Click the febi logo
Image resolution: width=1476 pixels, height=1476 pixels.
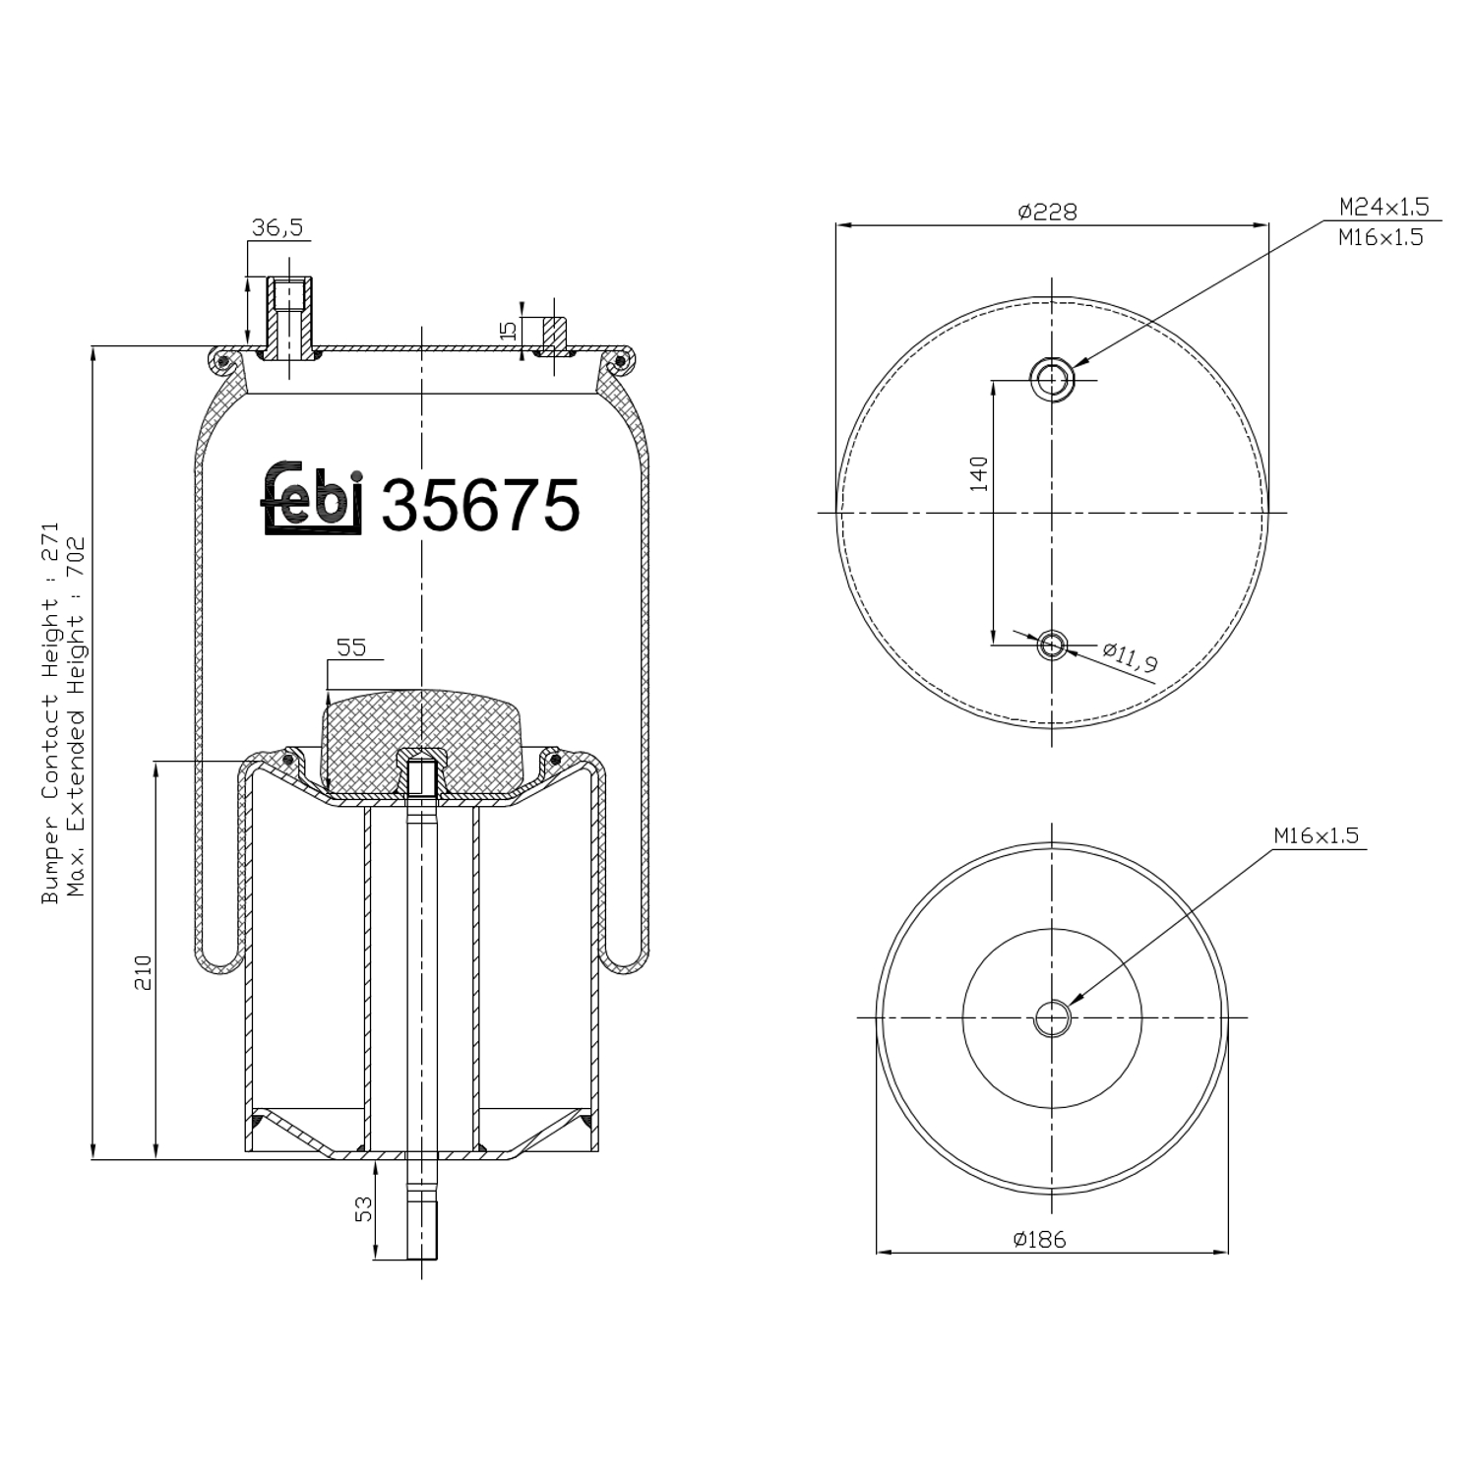[x=313, y=499]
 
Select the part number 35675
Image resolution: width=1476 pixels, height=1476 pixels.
[x=480, y=506]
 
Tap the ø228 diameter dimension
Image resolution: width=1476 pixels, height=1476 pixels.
[x=1048, y=212]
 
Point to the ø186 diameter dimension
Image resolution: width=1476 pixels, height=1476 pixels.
[x=1039, y=1239]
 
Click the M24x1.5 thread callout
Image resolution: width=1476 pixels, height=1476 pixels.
[x=1384, y=208]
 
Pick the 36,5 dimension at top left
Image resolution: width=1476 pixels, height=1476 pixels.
[x=277, y=228]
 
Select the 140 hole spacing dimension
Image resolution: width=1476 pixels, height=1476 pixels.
[x=979, y=473]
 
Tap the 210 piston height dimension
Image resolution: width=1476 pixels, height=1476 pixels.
[x=144, y=972]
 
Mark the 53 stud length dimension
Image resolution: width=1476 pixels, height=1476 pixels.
[x=365, y=1208]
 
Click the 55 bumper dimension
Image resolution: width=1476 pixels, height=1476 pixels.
[x=351, y=647]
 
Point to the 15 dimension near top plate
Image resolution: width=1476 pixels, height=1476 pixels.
[x=509, y=330]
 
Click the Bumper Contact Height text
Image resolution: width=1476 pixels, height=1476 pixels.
[x=50, y=713]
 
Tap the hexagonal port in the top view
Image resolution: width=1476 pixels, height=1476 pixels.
[x=1052, y=378]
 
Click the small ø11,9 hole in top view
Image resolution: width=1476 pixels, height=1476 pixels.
[x=1052, y=646]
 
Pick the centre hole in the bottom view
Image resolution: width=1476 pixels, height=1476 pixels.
[x=1052, y=1018]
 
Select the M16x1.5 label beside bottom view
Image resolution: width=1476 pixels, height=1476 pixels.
[x=1316, y=835]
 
